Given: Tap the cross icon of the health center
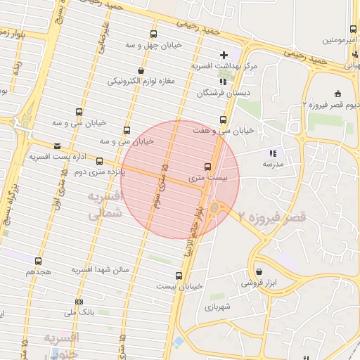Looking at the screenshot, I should (x=224, y=54).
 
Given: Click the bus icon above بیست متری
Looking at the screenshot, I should (x=207, y=167).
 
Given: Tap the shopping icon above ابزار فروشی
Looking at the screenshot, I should (x=259, y=271).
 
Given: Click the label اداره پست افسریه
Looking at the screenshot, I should (x=53, y=155).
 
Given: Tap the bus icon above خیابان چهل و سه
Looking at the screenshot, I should (x=153, y=34).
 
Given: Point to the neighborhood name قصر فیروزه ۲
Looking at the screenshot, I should (x=272, y=217).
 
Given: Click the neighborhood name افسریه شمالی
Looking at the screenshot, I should (x=105, y=204).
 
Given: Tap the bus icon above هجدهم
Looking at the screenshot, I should (x=38, y=261).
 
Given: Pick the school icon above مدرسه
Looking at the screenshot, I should (x=272, y=153).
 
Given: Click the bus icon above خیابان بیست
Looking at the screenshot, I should (x=179, y=275).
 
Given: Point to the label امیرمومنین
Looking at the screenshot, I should (x=341, y=40).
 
